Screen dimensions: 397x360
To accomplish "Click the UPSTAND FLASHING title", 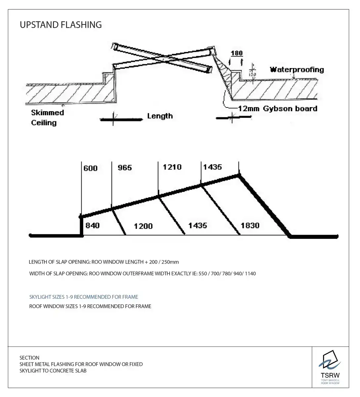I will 60,25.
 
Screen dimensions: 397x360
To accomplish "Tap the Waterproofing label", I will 297,69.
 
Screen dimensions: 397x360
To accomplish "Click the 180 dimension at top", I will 236,53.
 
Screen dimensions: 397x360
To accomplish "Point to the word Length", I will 160,116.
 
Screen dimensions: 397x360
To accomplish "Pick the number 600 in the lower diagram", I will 90,168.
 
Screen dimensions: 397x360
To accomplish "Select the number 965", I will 125,168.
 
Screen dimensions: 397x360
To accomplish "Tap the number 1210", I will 172,167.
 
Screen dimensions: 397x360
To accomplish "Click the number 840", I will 92,226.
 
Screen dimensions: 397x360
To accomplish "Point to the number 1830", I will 250,226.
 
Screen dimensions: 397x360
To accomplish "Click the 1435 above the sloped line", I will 212,167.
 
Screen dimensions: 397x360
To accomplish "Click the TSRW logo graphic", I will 330,361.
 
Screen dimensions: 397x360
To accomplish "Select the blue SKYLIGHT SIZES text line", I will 84,297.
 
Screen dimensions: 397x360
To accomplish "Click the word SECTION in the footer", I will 29,358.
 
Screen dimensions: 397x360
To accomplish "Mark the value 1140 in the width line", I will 250,274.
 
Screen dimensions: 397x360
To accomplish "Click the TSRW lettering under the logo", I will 330,375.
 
